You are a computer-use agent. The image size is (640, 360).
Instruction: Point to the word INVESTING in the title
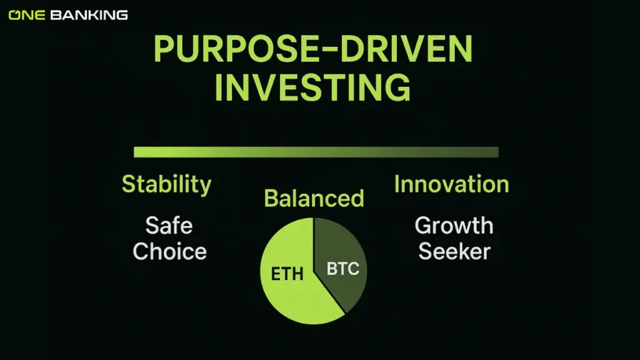click(312, 87)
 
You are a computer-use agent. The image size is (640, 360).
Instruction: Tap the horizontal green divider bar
click(316, 152)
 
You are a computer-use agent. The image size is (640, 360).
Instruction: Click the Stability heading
click(166, 184)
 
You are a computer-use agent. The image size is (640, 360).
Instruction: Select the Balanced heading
click(314, 198)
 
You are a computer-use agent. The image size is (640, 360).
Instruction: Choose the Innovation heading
click(451, 184)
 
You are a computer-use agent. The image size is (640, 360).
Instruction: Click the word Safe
click(169, 225)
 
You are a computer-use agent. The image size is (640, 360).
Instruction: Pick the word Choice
click(169, 251)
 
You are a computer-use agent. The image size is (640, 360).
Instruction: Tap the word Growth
click(454, 225)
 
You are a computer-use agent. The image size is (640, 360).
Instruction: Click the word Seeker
click(454, 251)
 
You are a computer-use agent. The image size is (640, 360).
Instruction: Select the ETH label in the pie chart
click(287, 274)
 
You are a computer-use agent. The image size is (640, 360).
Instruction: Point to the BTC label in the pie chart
click(343, 270)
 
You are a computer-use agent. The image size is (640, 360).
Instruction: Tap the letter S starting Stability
click(128, 184)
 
